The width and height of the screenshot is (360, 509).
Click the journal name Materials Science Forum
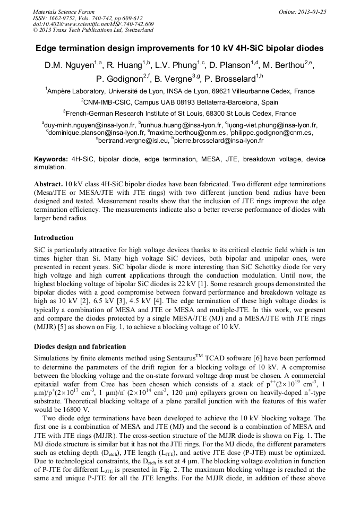click(64, 12)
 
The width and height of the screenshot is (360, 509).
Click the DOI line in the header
click(93, 24)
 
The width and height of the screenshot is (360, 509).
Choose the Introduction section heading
click(54, 238)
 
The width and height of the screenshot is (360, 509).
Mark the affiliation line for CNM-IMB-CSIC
click(179, 102)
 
